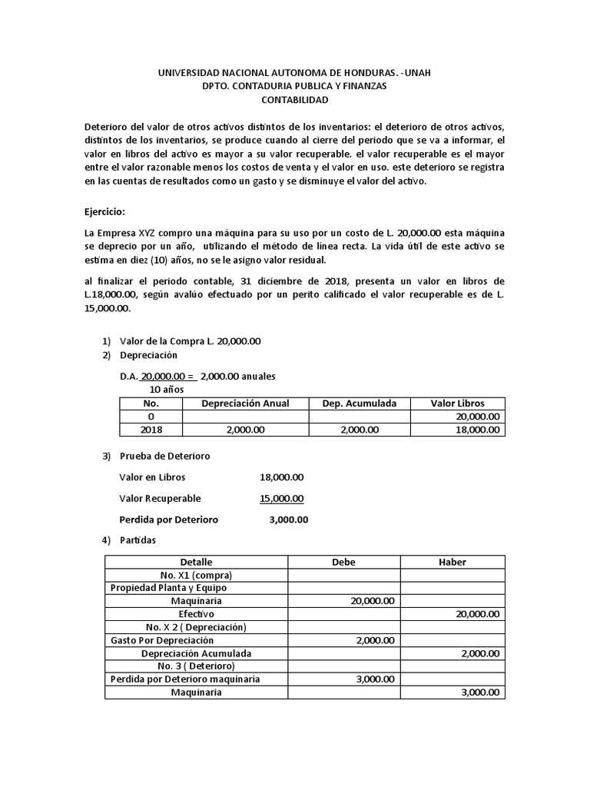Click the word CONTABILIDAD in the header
tap(294, 100)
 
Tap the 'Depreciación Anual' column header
tap(245, 403)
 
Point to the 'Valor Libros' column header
tap(457, 403)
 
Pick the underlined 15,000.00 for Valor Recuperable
tap(281, 498)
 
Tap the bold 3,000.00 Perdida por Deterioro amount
tap(289, 520)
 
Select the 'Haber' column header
tap(452, 562)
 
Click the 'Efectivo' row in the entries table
tap(196, 614)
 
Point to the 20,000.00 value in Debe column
tap(373, 601)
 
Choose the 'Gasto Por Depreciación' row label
tap(162, 640)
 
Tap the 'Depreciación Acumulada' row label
tap(196, 653)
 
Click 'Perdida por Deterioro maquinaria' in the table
tap(185, 679)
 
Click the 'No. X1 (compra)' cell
tap(196, 575)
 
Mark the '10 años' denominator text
tap(167, 390)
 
